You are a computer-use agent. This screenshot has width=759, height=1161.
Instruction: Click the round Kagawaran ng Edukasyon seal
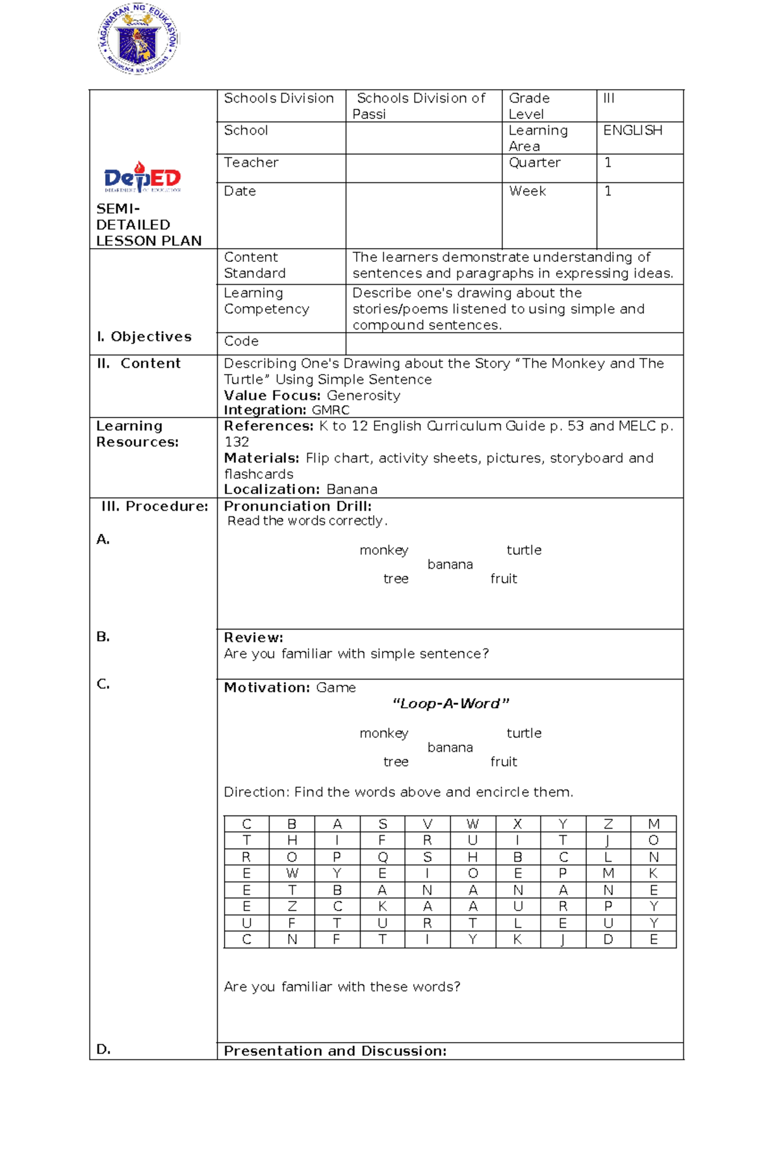(x=139, y=39)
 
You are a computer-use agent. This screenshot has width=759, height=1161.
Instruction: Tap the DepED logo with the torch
(x=142, y=177)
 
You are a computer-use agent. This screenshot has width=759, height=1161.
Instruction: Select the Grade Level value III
(x=608, y=98)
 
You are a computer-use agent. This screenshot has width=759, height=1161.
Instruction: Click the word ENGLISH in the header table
(x=632, y=130)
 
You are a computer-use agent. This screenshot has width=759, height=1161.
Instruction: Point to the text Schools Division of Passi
(x=420, y=106)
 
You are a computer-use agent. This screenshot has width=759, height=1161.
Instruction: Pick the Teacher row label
(x=251, y=163)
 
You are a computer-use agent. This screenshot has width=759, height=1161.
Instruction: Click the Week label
(x=528, y=191)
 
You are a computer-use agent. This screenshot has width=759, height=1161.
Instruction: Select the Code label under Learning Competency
(x=241, y=341)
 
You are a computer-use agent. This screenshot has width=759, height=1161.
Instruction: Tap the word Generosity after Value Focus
(x=363, y=395)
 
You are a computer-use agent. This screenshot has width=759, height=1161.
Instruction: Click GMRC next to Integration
(x=330, y=410)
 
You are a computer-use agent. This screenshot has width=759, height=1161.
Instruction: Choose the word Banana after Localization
(x=352, y=489)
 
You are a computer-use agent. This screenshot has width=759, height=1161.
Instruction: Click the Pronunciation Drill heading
(x=297, y=506)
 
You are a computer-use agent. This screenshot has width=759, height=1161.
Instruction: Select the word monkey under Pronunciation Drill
(x=384, y=550)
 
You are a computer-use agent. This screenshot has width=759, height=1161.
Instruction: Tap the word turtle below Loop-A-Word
(x=524, y=733)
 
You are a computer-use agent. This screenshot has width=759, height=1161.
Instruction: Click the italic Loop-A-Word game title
(x=450, y=704)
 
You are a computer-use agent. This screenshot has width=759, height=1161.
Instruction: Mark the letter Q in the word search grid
(x=382, y=857)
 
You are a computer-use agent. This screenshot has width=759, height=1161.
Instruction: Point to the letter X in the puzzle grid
(x=517, y=824)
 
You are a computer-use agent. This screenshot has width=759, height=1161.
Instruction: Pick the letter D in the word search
(x=608, y=940)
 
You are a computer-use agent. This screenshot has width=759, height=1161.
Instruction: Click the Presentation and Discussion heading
(x=335, y=1051)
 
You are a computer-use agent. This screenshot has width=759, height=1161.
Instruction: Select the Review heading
(x=254, y=638)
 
